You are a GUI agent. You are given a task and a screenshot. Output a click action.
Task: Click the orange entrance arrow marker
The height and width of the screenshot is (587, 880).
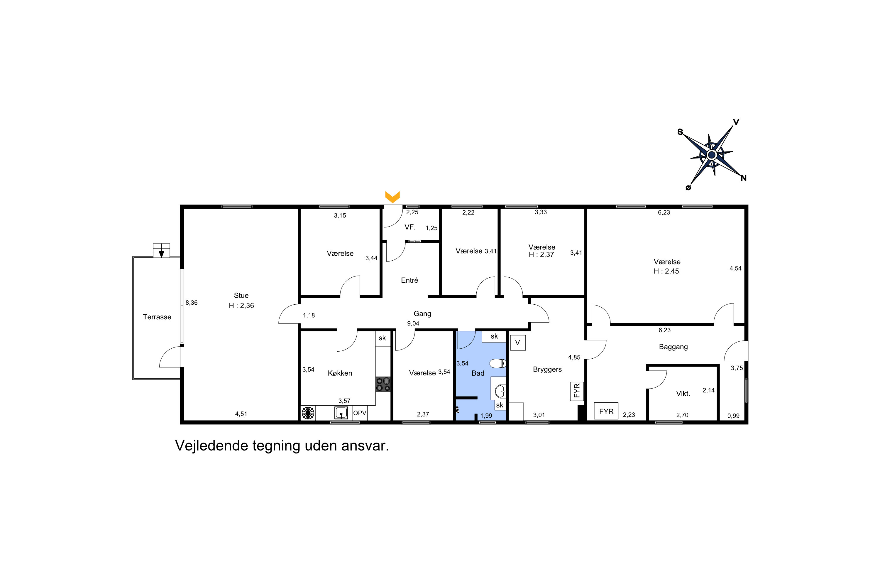coord(392,197)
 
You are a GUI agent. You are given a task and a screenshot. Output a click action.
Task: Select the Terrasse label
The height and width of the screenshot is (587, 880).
coord(157,317)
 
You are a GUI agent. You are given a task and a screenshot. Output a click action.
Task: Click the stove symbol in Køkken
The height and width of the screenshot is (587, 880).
coord(383,384)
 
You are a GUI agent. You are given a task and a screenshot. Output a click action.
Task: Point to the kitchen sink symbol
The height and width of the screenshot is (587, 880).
coord(341,413)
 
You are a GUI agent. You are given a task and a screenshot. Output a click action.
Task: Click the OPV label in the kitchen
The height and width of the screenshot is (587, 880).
coord(360,413)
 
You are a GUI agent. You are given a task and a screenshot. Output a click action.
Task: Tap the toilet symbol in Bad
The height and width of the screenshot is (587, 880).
coord(497,363)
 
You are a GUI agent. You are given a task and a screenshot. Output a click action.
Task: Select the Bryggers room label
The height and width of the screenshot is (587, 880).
coord(547,370)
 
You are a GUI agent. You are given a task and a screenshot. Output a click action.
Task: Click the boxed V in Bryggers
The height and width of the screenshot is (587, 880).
coord(518,343)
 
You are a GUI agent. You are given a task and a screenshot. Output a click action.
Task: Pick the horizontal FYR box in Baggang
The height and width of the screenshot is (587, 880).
coord(606,411)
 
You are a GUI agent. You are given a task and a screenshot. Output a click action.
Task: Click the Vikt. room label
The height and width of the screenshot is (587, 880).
coord(683,394)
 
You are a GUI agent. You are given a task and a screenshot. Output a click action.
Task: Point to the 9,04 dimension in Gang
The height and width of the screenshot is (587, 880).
coord(413,323)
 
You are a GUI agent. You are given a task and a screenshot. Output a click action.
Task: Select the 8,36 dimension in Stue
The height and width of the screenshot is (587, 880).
coord(192,303)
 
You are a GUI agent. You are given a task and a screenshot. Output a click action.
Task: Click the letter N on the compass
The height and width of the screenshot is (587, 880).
coord(743,178)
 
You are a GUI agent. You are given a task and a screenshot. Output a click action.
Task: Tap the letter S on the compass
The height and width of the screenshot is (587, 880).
coord(680,132)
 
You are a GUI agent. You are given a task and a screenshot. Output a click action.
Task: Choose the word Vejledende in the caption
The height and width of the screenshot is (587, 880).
coord(211,446)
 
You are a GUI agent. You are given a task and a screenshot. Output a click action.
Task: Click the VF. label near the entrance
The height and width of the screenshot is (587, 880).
coord(410,227)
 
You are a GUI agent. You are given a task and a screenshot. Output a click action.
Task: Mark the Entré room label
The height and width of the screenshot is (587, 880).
coord(409,280)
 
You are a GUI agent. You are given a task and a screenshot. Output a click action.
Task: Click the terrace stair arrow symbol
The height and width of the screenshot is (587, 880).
coord(161,254)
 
